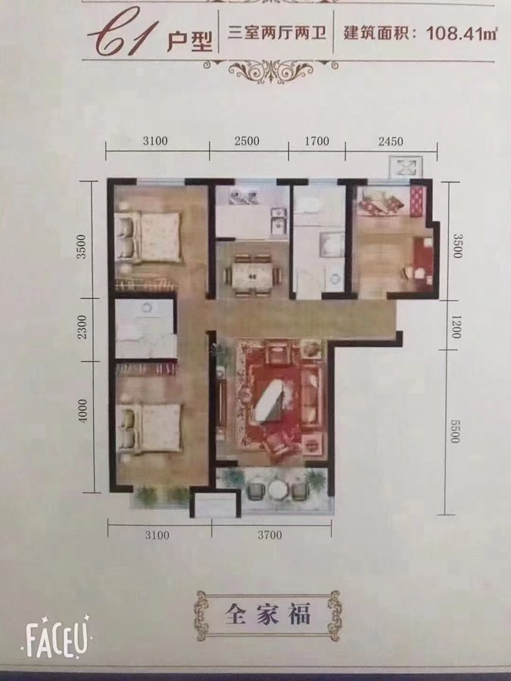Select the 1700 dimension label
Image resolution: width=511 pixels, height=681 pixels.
click(316, 141)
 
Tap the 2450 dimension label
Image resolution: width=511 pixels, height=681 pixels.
click(390, 141)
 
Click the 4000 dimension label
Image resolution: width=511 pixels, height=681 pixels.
click(83, 410)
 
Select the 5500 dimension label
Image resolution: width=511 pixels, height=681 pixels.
click(454, 431)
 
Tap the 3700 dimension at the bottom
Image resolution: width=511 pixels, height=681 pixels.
click(270, 535)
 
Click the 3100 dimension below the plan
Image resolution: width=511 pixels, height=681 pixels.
click(157, 535)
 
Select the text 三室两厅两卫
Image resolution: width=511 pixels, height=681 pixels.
click(277, 33)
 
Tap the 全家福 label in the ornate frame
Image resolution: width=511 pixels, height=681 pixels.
click(267, 615)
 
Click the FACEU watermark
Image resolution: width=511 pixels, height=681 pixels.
click(57, 637)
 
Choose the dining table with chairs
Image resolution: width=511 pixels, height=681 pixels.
click(252, 275)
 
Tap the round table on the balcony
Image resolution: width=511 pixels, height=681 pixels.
click(276, 490)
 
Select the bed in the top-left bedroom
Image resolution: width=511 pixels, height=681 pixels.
click(148, 237)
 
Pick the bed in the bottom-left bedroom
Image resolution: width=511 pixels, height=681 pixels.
click(148, 428)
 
